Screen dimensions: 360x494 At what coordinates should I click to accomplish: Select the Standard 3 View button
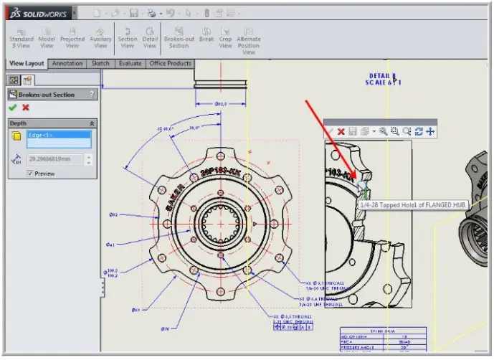(21, 38)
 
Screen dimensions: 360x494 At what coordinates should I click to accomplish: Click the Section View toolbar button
(127, 38)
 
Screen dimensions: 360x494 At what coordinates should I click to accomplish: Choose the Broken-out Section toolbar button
(179, 38)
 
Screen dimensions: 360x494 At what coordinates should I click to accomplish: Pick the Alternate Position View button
(249, 40)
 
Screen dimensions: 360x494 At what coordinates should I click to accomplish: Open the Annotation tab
(67, 64)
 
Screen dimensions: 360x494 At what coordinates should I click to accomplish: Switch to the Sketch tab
(100, 64)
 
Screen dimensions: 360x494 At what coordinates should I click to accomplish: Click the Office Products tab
(170, 64)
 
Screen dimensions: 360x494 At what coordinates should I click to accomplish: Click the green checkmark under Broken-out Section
(12, 108)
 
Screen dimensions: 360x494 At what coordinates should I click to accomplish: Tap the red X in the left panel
(26, 108)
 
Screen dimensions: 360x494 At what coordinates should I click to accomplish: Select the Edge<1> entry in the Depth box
(58, 135)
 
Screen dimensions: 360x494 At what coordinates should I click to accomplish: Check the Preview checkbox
(30, 173)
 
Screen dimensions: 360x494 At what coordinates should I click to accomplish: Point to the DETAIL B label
(383, 75)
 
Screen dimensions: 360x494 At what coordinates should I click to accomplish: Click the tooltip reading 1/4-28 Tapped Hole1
(403, 205)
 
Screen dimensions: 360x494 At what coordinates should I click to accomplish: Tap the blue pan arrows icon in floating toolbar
(429, 132)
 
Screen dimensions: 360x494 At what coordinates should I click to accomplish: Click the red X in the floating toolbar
(341, 132)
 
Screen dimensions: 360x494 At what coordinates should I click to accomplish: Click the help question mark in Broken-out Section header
(91, 95)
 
